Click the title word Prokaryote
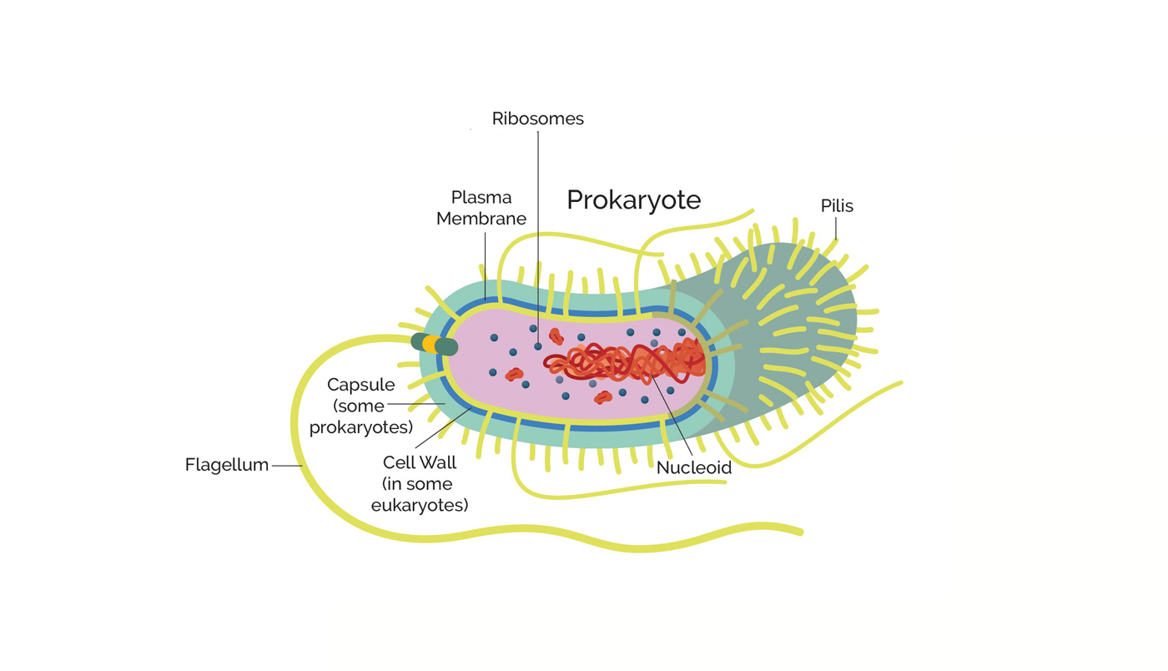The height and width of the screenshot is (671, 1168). click(x=633, y=200)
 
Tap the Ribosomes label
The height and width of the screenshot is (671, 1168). click(x=537, y=119)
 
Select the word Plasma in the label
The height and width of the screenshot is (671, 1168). click(x=481, y=198)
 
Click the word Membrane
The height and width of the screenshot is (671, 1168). click(x=481, y=219)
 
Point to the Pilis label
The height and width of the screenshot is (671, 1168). click(x=837, y=206)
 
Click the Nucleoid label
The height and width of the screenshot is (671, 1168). click(x=693, y=467)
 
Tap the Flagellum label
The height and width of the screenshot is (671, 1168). click(x=227, y=465)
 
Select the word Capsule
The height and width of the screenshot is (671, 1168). click(x=360, y=386)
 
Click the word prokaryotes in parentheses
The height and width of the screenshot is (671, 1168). click(x=361, y=427)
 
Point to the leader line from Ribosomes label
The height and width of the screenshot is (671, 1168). click(x=537, y=234)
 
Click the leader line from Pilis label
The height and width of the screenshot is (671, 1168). click(x=836, y=228)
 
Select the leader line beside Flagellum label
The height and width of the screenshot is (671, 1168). click(x=286, y=466)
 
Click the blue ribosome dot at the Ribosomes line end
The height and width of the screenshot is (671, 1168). click(x=538, y=345)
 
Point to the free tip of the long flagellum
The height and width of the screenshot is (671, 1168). click(x=799, y=531)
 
